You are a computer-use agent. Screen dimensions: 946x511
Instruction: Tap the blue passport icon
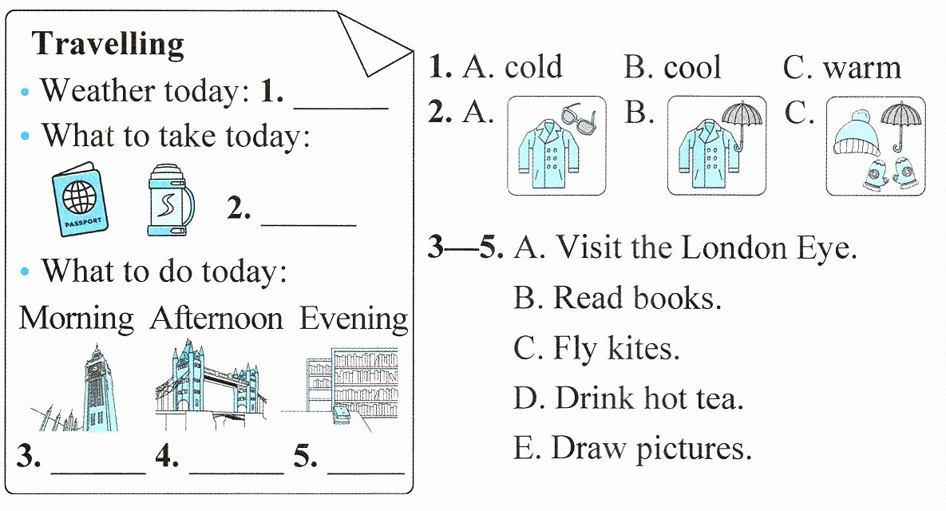[81, 199]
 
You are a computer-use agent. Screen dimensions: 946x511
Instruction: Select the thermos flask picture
[171, 200]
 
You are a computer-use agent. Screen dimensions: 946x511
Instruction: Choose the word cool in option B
[692, 66]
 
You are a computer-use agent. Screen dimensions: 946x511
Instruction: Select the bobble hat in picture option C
[856, 134]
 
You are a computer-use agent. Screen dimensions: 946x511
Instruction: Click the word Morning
[76, 319]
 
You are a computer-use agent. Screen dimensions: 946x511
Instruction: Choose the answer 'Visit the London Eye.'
[686, 248]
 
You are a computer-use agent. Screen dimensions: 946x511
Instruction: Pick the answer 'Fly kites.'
[596, 349]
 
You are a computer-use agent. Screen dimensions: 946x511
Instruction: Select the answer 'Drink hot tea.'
[628, 398]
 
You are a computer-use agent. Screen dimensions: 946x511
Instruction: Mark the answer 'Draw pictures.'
[633, 448]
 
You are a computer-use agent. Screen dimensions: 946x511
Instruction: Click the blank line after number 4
[236, 473]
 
